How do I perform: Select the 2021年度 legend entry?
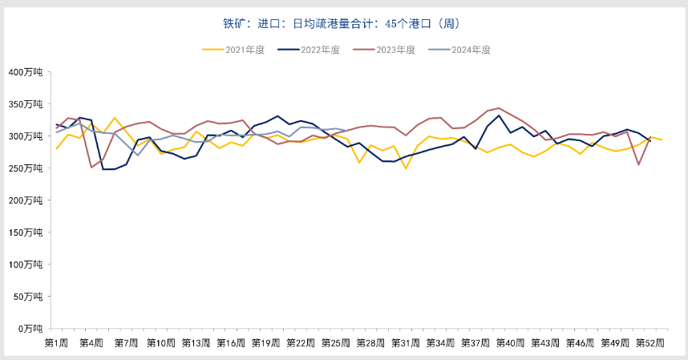(237, 50)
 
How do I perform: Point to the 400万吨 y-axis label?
(28, 72)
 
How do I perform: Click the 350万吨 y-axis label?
(28, 104)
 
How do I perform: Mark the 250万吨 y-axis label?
(28, 168)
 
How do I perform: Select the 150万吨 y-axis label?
(28, 233)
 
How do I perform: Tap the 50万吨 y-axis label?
(30, 297)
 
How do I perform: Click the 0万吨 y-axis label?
(33, 329)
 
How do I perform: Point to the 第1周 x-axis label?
(56, 343)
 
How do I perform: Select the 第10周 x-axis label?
(160, 343)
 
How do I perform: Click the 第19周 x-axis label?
(265, 343)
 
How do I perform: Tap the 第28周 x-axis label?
(370, 343)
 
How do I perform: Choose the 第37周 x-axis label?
(476, 343)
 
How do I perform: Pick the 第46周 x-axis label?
(580, 343)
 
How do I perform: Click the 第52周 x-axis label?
(650, 343)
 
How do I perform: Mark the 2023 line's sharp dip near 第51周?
(638, 164)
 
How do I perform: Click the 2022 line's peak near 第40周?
(499, 115)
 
